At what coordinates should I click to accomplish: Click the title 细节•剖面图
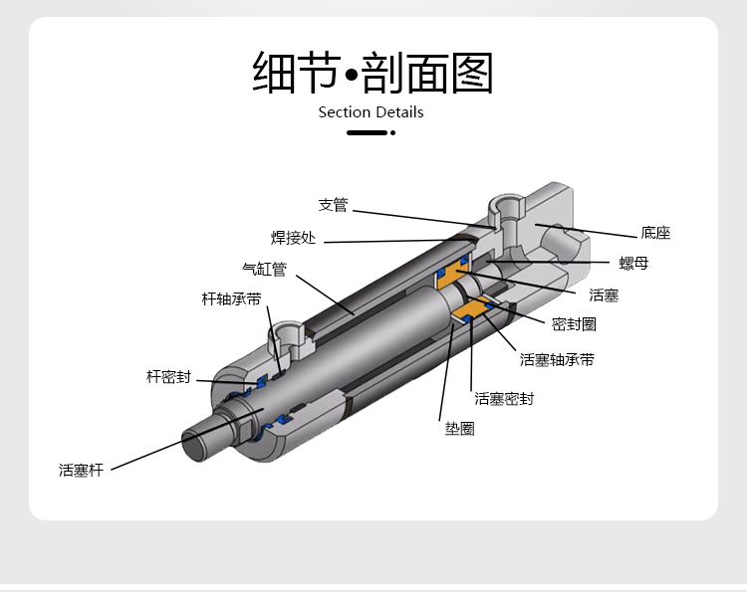pyautogui.click(x=373, y=73)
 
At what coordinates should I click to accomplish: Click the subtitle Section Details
pyautogui.click(x=371, y=112)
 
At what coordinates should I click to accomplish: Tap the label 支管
pyautogui.click(x=333, y=206)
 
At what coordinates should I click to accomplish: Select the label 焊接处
pyautogui.click(x=293, y=238)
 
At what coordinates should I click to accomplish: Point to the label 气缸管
pyautogui.click(x=264, y=269)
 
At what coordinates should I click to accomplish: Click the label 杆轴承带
pyautogui.click(x=231, y=298)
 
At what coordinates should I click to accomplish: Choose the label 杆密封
pyautogui.click(x=168, y=377)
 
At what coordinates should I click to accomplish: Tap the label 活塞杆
pyautogui.click(x=81, y=470)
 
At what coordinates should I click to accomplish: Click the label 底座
pyautogui.click(x=655, y=234)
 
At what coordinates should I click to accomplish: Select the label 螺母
pyautogui.click(x=633, y=264)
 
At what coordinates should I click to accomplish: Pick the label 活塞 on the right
pyautogui.click(x=604, y=296)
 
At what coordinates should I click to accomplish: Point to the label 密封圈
pyautogui.click(x=574, y=324)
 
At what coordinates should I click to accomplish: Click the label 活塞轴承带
pyautogui.click(x=557, y=360)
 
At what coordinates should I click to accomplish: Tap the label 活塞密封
pyautogui.click(x=504, y=399)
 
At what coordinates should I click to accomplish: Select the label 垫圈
pyautogui.click(x=459, y=429)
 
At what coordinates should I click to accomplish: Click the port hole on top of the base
pyautogui.click(x=508, y=211)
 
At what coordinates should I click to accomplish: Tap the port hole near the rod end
pyautogui.click(x=290, y=333)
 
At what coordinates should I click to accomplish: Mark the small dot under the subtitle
pyautogui.click(x=393, y=132)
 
